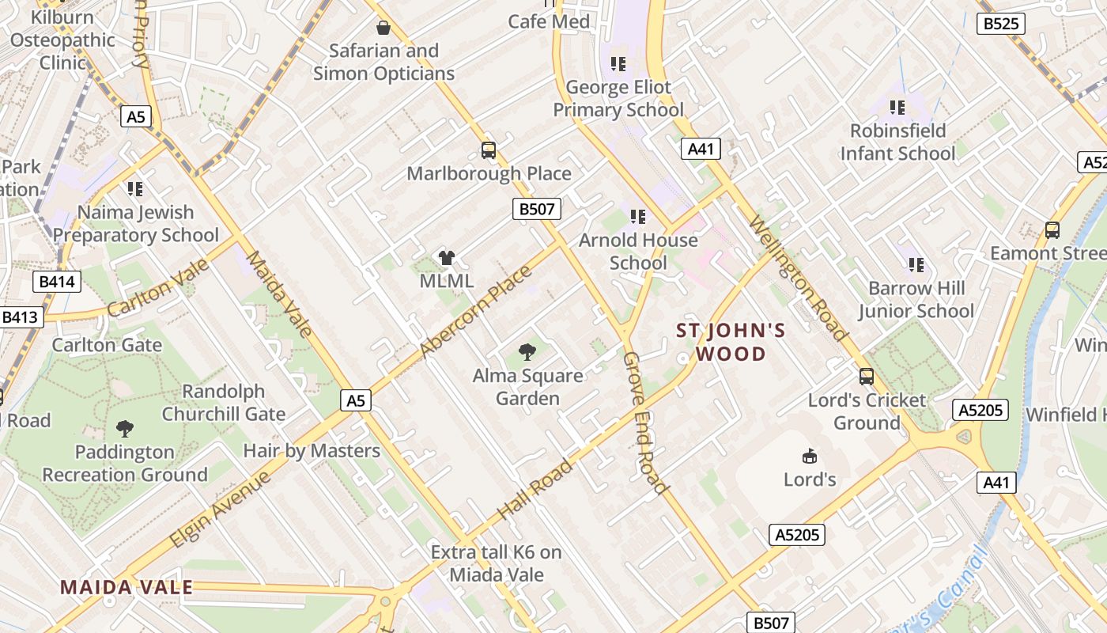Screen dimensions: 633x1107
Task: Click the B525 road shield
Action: (x=1000, y=24)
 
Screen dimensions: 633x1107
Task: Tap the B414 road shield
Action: (x=57, y=281)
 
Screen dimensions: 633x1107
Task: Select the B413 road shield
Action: (x=20, y=317)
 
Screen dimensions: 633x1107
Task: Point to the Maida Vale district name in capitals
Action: (x=127, y=587)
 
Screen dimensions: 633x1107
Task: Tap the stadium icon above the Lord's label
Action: (x=810, y=456)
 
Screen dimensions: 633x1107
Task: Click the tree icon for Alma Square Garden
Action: (x=527, y=352)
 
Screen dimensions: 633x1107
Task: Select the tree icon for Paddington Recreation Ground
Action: (x=124, y=429)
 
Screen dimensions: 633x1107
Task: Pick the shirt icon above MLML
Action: (x=447, y=257)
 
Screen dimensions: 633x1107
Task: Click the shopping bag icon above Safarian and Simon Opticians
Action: (x=383, y=28)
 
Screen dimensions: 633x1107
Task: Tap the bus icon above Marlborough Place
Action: (x=489, y=150)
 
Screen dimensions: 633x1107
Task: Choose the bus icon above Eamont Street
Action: (x=1052, y=230)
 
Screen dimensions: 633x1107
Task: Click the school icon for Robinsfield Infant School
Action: (x=897, y=107)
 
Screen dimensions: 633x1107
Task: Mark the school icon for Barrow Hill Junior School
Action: (x=916, y=265)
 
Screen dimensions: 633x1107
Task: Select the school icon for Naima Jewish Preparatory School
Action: (x=135, y=189)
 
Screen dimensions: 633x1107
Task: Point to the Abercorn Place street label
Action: (x=476, y=312)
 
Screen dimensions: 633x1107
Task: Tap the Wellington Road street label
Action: (x=798, y=277)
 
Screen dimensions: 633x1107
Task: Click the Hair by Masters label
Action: (x=312, y=451)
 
